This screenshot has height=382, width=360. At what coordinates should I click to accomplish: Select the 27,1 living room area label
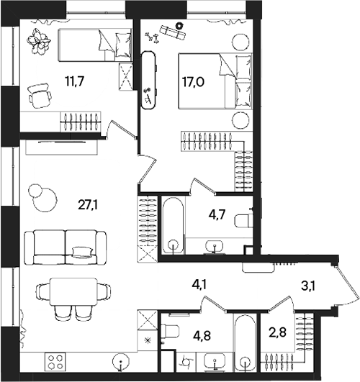click(88, 204)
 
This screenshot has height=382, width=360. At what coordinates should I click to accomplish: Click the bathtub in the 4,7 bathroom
click(174, 224)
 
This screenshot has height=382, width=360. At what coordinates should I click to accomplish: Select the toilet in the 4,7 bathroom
click(244, 219)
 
